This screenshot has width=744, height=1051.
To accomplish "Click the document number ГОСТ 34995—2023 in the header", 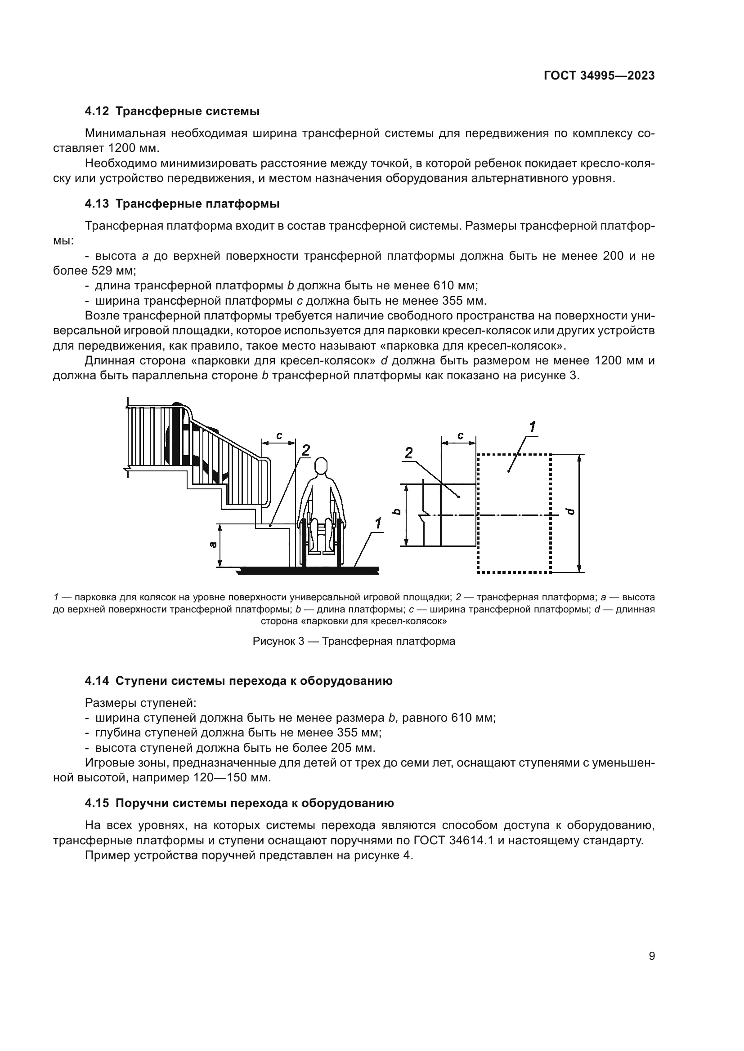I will point(599,76).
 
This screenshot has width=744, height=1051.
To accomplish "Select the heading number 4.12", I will point(97,111).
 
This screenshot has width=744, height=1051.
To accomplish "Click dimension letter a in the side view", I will point(212,544).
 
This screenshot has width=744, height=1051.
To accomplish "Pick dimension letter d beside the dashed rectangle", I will point(570,511).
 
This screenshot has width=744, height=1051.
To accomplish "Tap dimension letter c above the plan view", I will point(460,435).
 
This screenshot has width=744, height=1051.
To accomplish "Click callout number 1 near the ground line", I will point(378,523).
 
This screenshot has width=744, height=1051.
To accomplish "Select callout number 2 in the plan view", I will point(408,453).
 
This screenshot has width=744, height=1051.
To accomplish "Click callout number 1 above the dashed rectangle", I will point(532,427).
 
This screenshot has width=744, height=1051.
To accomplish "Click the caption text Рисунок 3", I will point(278,641).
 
